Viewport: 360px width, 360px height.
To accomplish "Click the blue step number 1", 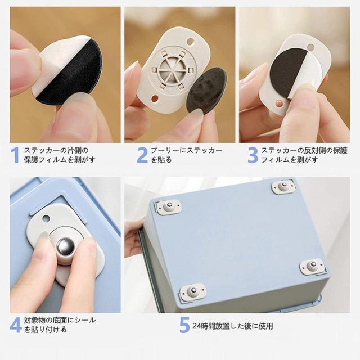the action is coord(16,155).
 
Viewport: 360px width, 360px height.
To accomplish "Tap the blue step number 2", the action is coord(142,155).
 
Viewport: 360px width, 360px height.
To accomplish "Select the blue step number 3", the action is coord(253,155).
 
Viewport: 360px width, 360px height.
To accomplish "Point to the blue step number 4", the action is coord(16,325).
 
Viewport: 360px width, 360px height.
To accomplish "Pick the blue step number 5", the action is coord(184,325).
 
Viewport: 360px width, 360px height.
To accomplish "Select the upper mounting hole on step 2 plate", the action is coord(190,42).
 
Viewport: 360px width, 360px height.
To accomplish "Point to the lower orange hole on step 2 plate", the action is coord(155,99).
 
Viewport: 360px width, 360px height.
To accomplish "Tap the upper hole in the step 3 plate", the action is coord(310,47).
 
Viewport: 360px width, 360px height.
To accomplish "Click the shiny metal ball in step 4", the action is coord(66,246).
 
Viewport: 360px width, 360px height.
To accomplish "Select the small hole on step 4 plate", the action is coord(46,218).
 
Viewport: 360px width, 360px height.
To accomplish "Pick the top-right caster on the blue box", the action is coord(283,187).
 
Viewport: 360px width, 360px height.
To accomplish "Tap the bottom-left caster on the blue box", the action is coord(192,291).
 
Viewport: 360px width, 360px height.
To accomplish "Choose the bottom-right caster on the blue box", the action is coord(313,266).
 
